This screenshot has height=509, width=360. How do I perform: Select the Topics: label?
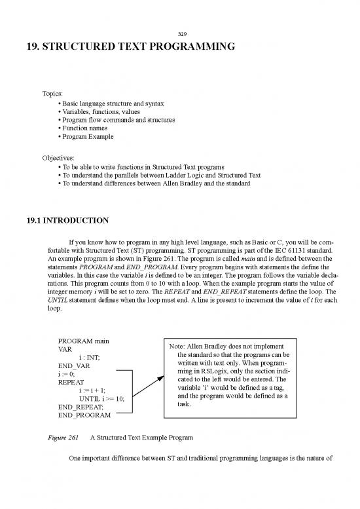(x=54, y=94)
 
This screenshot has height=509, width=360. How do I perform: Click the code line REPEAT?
(x=73, y=382)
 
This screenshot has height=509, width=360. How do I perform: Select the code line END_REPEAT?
(x=82, y=406)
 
